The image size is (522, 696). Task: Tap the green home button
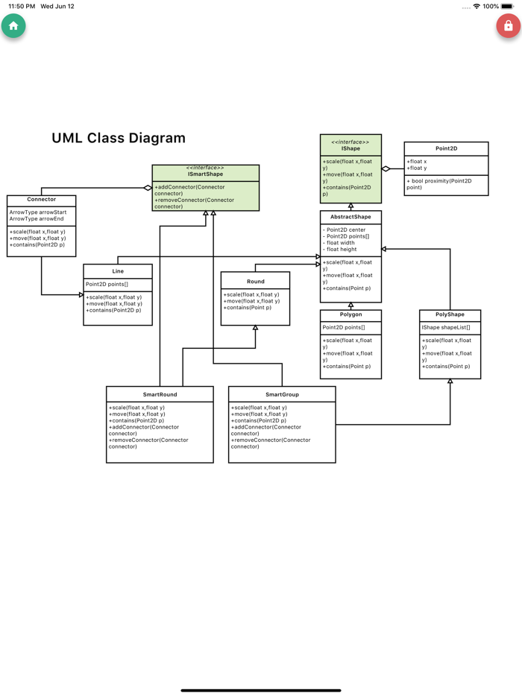13,26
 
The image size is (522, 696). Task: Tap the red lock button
508,26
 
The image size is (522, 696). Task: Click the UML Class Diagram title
119,138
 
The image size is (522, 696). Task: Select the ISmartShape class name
205,174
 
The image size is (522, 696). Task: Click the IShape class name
350,149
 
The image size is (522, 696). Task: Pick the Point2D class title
446,149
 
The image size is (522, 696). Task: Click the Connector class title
42,200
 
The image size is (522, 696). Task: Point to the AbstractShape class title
350,217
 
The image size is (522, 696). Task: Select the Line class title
118,271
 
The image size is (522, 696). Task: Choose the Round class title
255,282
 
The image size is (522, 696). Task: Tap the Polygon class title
350,315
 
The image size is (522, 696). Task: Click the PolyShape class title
450,315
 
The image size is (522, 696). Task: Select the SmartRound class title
160,394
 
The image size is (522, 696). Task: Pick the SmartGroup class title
282,394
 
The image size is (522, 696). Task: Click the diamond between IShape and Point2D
386,169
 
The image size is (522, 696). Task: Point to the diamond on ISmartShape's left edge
148,188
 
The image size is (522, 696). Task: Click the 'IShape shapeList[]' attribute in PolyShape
446,328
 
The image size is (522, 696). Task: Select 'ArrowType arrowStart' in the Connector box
38,212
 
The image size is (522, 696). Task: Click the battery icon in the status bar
508,6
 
